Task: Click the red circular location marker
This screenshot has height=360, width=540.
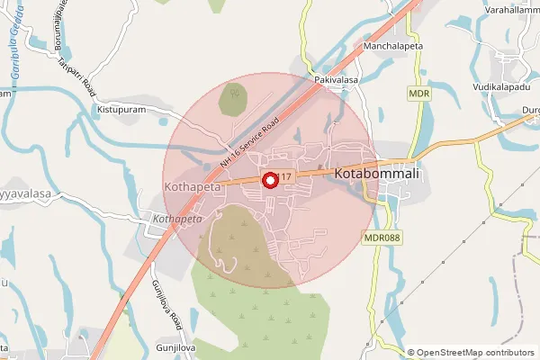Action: tap(268, 180)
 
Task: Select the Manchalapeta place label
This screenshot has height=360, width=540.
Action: tap(392, 44)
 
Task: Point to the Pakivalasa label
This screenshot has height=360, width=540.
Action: tap(337, 80)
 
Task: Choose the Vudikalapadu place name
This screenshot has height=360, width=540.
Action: tap(502, 88)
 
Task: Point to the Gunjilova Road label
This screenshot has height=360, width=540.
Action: tap(167, 304)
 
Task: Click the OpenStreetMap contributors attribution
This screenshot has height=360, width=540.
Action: tap(473, 353)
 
